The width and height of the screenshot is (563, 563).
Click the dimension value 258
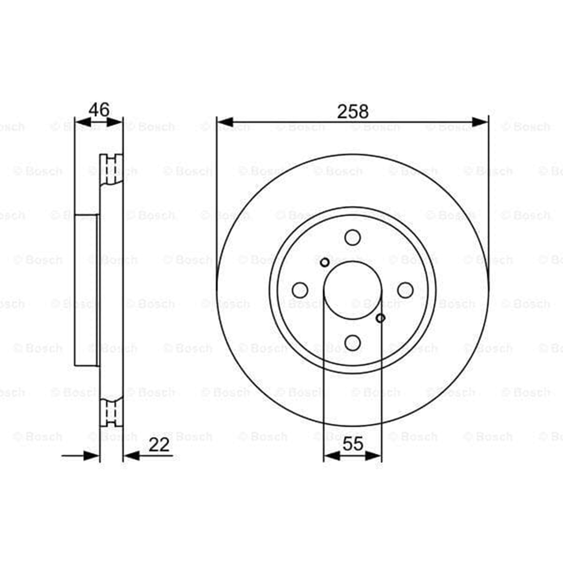click(353, 111)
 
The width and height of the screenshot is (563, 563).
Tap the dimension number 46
click(99, 110)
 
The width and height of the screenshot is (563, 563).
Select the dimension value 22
click(159, 445)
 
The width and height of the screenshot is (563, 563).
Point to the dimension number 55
click(353, 444)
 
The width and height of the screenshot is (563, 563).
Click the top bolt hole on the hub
click(352, 238)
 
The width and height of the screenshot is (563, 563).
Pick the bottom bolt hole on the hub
click(352, 343)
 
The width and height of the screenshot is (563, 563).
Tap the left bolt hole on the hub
click(300, 290)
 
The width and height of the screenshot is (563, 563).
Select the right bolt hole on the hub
click(405, 290)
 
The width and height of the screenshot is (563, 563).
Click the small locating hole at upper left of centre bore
click(325, 262)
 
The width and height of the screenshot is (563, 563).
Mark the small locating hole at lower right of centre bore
click(380, 318)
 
